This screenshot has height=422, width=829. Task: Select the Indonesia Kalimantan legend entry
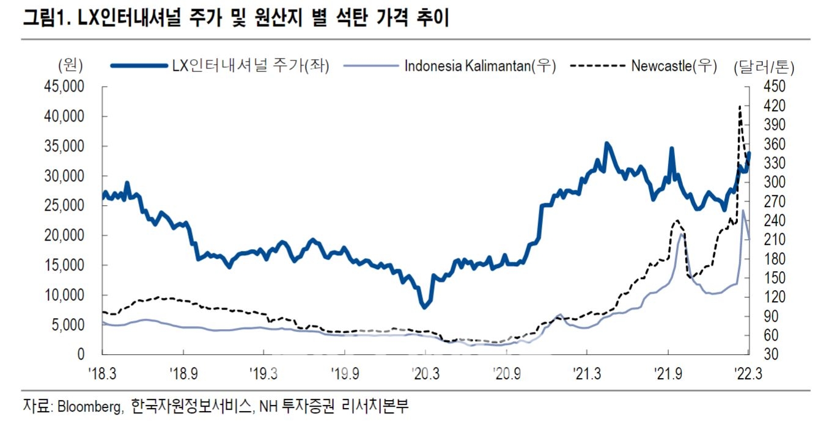coord(480,66)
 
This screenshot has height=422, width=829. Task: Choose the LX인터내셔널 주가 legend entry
coord(252,66)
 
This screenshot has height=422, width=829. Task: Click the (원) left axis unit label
coord(70,66)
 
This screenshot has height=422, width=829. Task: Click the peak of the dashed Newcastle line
coord(740,106)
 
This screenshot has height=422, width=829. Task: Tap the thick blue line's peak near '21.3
coord(606,144)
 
